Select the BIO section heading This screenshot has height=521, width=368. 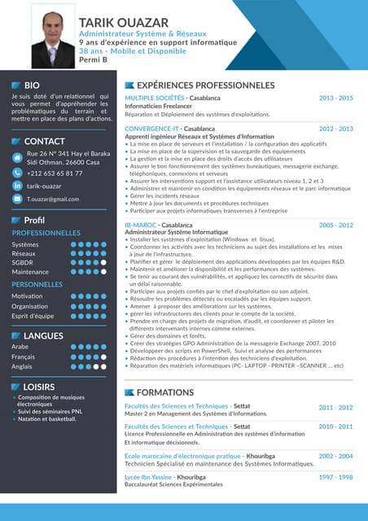pyautogui.click(x=33, y=85)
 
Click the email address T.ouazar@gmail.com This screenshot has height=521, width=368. pyautogui.click(x=53, y=199)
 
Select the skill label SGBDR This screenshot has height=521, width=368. pyautogui.click(x=23, y=262)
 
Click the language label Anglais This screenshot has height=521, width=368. pyautogui.click(x=22, y=366)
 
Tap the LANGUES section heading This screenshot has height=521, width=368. pyautogui.click(x=44, y=335)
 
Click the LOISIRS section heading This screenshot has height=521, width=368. pyautogui.click(x=40, y=386)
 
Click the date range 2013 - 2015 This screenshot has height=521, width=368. pyautogui.click(x=335, y=98)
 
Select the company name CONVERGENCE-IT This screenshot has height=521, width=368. pyautogui.click(x=151, y=129)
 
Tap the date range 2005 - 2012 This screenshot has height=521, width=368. pyautogui.click(x=335, y=225)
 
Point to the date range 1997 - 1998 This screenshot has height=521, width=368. pyautogui.click(x=335, y=477)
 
